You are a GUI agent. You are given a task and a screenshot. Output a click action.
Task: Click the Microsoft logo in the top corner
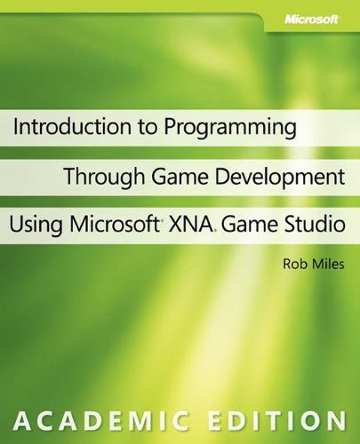pos(311,20)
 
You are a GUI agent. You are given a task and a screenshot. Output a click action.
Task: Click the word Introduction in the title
pos(72,126)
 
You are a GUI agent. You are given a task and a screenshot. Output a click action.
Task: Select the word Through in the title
pos(106,177)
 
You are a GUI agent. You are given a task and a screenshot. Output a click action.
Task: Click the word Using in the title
pos(36,226)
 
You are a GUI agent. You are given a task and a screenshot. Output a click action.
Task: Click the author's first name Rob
pos(292,264)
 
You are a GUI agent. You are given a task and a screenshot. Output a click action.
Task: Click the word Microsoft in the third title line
pos(113,224)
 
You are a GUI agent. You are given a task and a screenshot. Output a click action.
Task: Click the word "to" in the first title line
pos(148,127)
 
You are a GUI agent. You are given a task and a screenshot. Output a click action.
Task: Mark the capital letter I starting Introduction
pos(16,126)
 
